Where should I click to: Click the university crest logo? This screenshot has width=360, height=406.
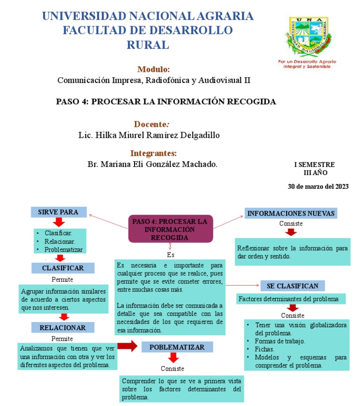point(307,38)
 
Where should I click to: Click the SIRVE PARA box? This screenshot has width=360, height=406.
point(59,212)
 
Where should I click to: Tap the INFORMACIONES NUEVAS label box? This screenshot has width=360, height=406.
point(291,213)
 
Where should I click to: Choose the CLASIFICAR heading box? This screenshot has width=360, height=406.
point(63,268)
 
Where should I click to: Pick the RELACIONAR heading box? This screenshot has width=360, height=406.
point(63,327)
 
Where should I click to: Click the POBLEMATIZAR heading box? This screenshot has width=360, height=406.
point(177,347)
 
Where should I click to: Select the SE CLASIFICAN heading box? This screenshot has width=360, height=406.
point(292,286)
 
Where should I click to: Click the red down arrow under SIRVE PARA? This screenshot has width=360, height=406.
point(59,223)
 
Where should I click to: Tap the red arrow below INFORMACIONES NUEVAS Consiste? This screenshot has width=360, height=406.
point(291,233)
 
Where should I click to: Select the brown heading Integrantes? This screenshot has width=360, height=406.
point(154,153)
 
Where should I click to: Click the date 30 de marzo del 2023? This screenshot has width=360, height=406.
point(318,186)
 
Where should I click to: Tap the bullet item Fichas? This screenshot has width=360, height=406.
point(264,349)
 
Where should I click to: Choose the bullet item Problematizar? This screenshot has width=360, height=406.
point(64,249)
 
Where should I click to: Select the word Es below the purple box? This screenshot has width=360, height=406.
point(171,255)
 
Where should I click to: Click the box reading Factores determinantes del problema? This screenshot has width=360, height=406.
point(292,299)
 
